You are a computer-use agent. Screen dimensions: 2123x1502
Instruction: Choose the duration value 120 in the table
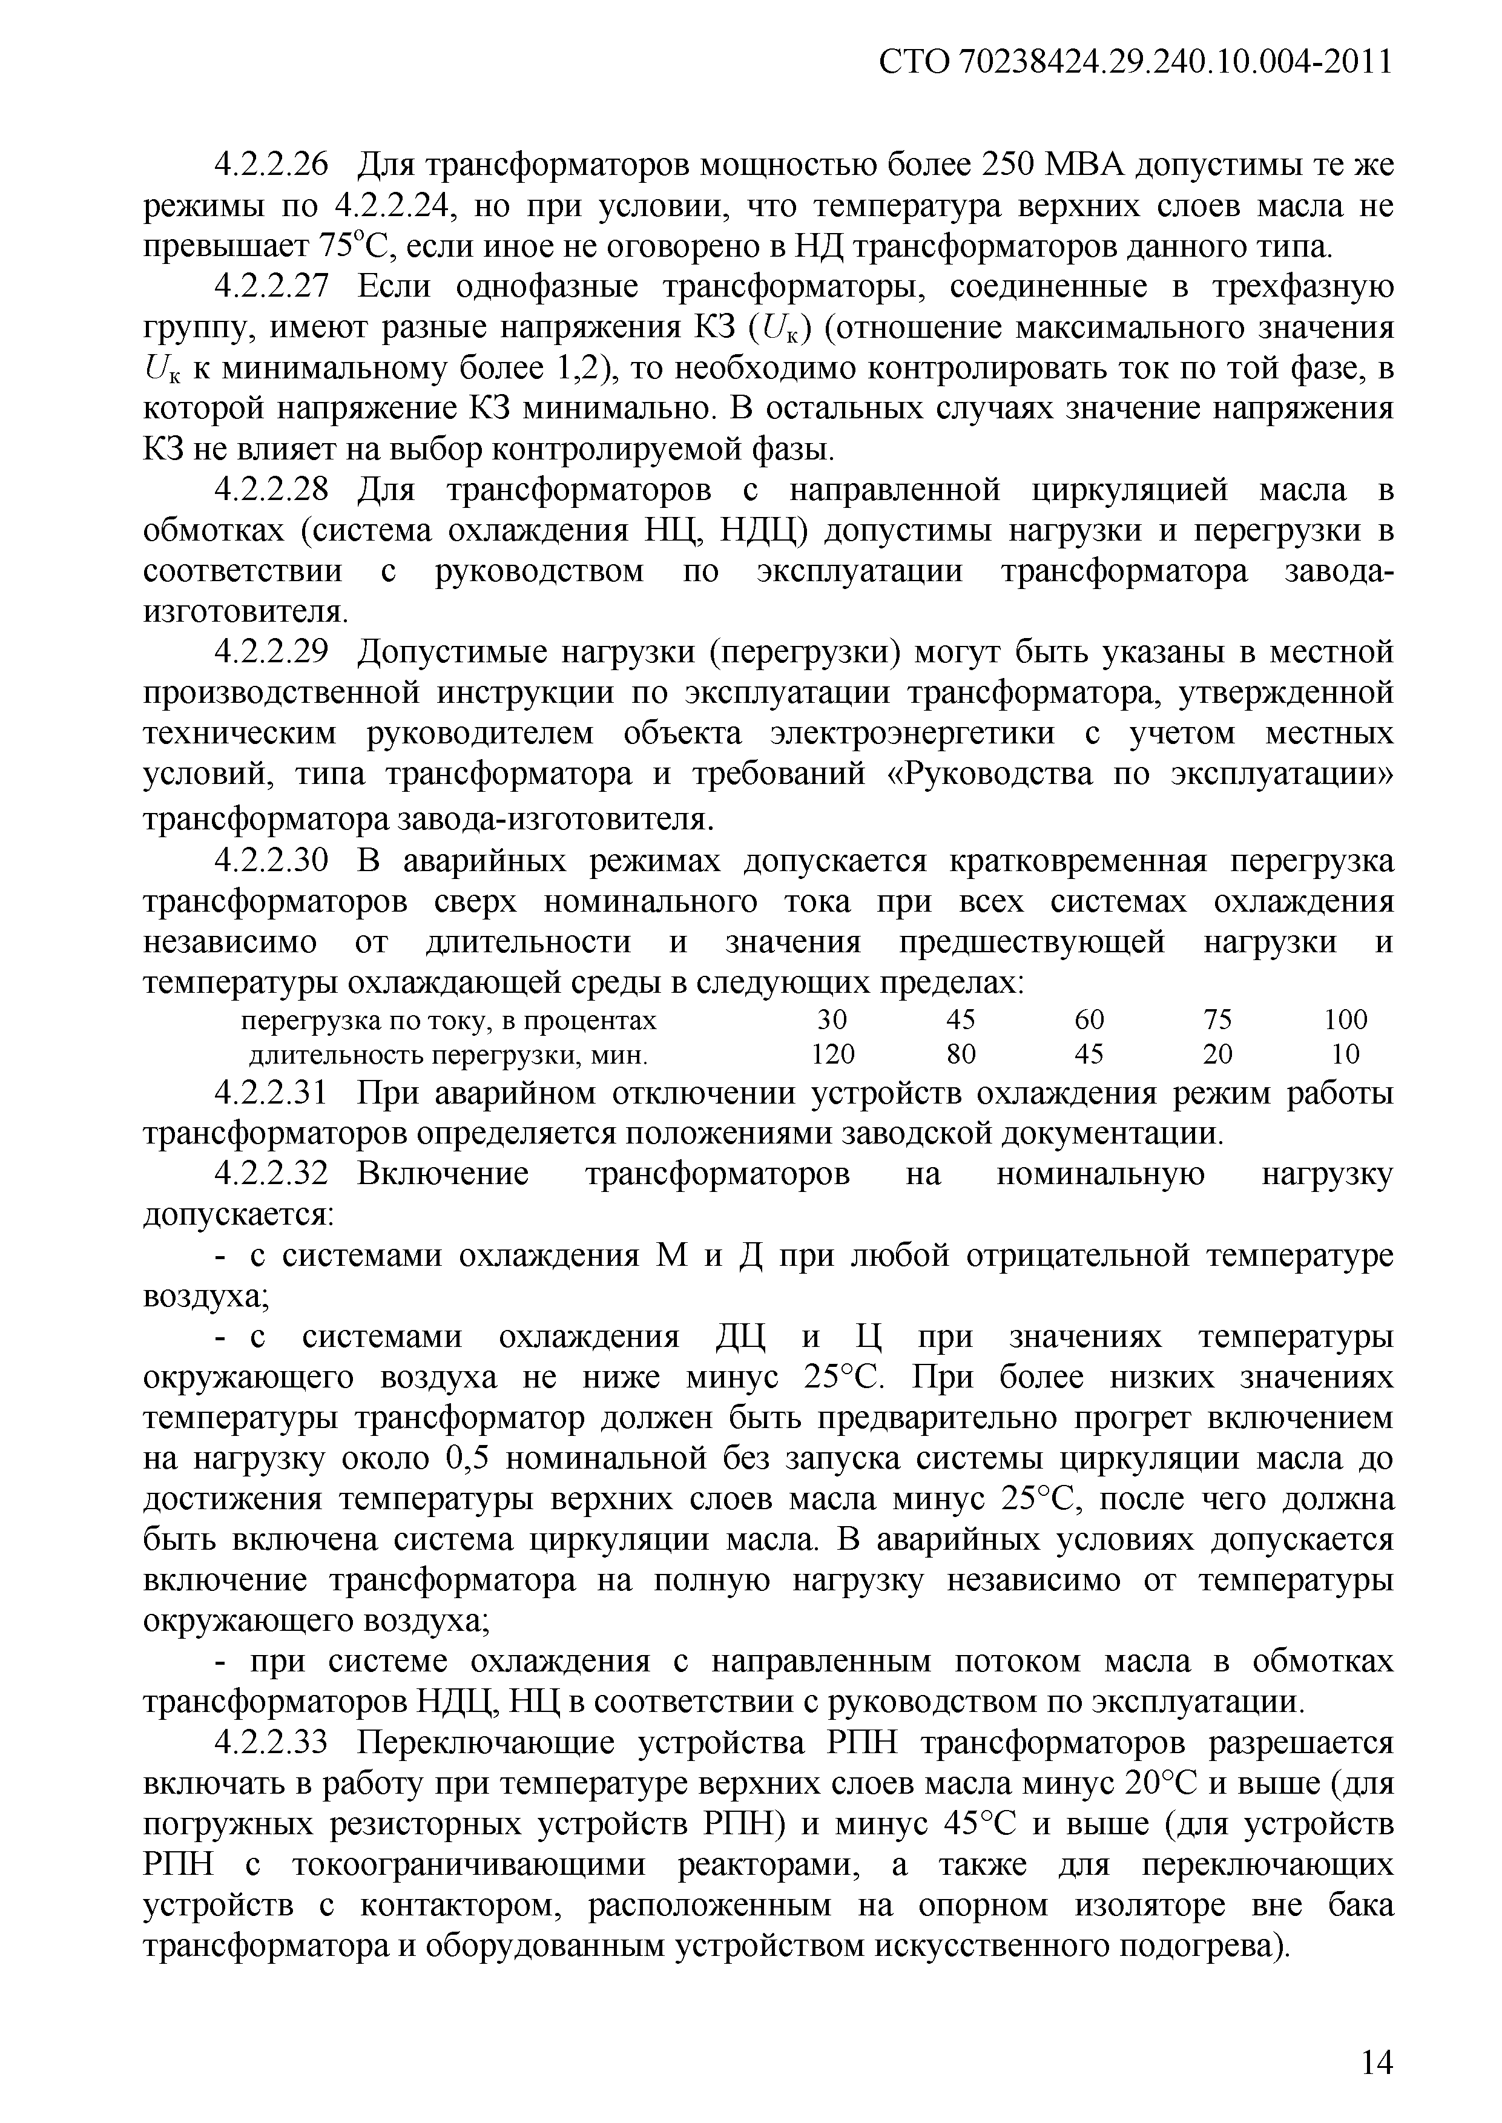(832, 1054)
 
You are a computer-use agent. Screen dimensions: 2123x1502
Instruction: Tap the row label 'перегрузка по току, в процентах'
(449, 1021)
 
